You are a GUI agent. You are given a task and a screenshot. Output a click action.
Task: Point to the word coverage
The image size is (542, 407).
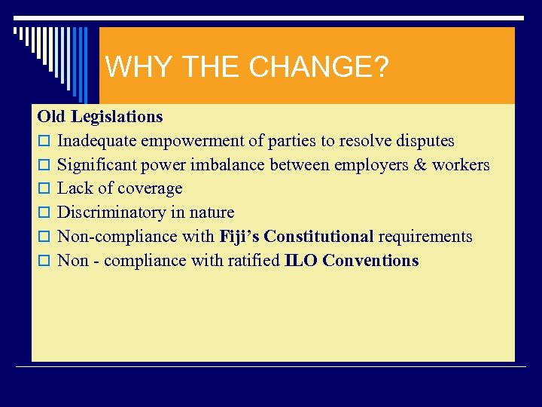[x=150, y=188]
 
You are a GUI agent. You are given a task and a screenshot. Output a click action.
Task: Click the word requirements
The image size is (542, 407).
[x=425, y=237]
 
